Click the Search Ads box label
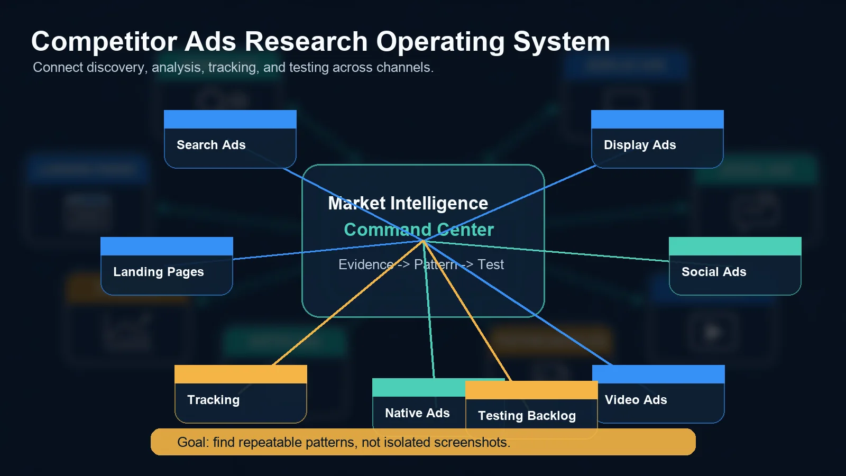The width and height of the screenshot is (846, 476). (x=211, y=145)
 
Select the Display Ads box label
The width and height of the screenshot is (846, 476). (x=640, y=145)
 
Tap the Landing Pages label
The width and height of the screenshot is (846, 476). (x=158, y=272)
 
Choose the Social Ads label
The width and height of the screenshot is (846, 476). (x=714, y=272)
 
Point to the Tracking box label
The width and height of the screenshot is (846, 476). (x=213, y=400)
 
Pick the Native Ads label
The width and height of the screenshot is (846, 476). (x=417, y=413)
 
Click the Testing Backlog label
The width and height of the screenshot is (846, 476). (x=527, y=416)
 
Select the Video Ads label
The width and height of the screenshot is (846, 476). (x=636, y=400)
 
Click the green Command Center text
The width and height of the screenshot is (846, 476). (x=419, y=230)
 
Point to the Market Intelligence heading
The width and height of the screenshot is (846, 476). (x=408, y=203)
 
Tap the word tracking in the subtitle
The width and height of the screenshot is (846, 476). (x=232, y=68)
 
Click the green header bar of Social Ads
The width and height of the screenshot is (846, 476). (x=735, y=246)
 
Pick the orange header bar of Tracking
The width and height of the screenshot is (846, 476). (x=241, y=374)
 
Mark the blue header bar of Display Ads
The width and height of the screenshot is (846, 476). (x=657, y=119)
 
